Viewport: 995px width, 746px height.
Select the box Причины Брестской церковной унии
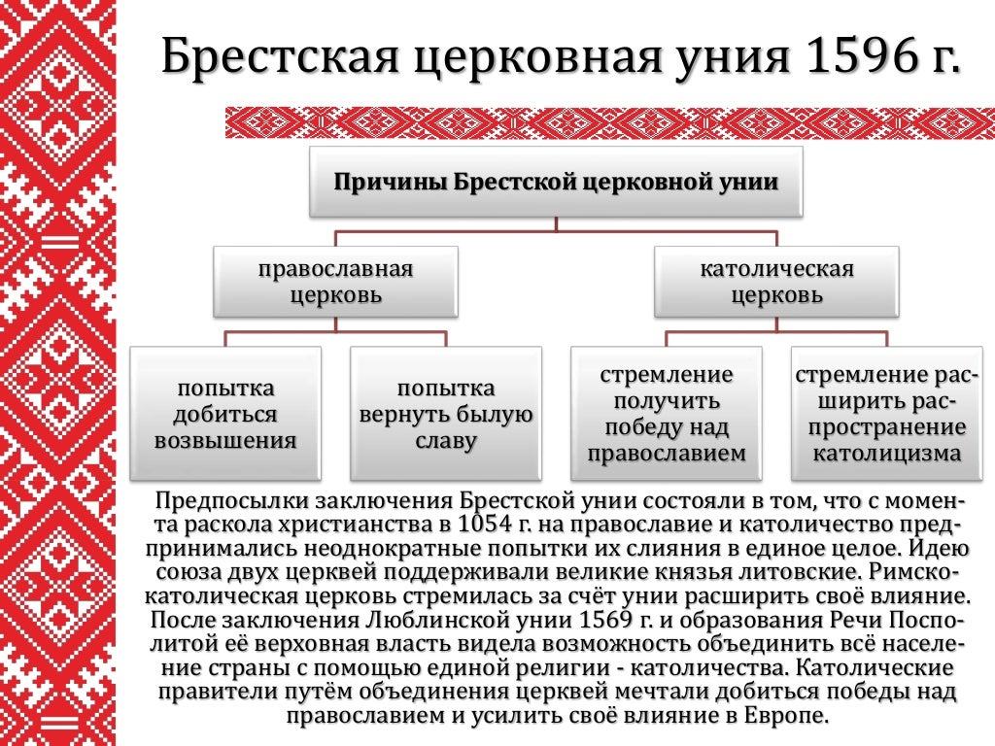point(556,182)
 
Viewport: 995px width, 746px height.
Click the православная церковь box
point(335,282)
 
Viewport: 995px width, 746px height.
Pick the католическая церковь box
point(776,282)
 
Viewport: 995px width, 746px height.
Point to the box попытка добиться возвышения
point(224,415)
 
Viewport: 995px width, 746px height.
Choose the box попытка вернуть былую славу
point(446,415)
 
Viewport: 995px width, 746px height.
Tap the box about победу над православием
point(667,415)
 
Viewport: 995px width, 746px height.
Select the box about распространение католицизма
point(887,415)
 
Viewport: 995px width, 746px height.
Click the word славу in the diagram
point(446,442)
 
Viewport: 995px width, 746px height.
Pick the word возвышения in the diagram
point(224,442)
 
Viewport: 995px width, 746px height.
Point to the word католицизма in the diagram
point(887,454)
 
